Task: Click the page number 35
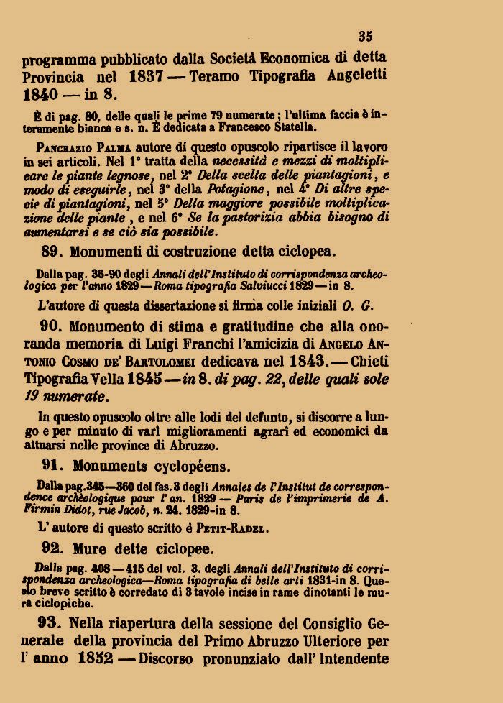click(365, 36)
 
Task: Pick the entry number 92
click(54, 551)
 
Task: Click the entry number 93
click(53, 622)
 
